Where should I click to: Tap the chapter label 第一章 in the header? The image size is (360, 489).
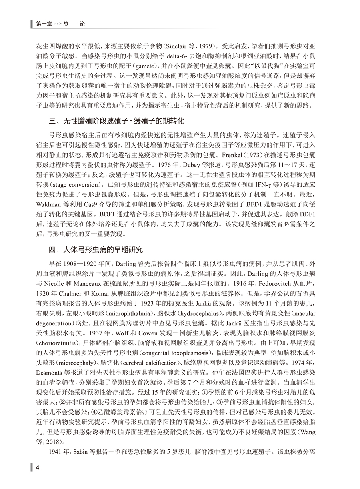(x=44, y=24)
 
